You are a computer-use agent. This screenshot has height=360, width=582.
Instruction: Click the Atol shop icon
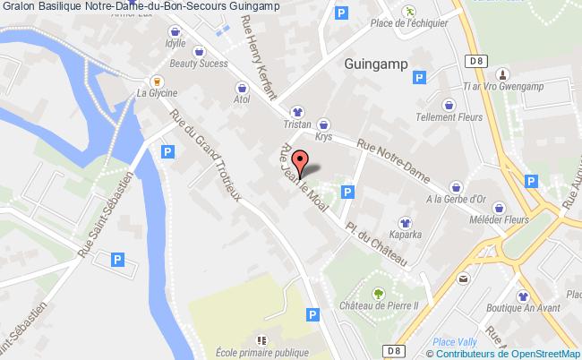click(241, 88)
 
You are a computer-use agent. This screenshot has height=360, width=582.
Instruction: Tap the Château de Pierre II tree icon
click(379, 293)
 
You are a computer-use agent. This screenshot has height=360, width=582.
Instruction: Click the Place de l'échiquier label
click(408, 24)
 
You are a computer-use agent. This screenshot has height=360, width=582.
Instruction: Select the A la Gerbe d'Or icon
click(458, 186)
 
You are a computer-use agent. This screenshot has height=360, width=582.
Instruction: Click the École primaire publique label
click(261, 352)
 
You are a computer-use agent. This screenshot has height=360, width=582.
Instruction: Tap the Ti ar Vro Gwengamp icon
click(502, 74)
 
